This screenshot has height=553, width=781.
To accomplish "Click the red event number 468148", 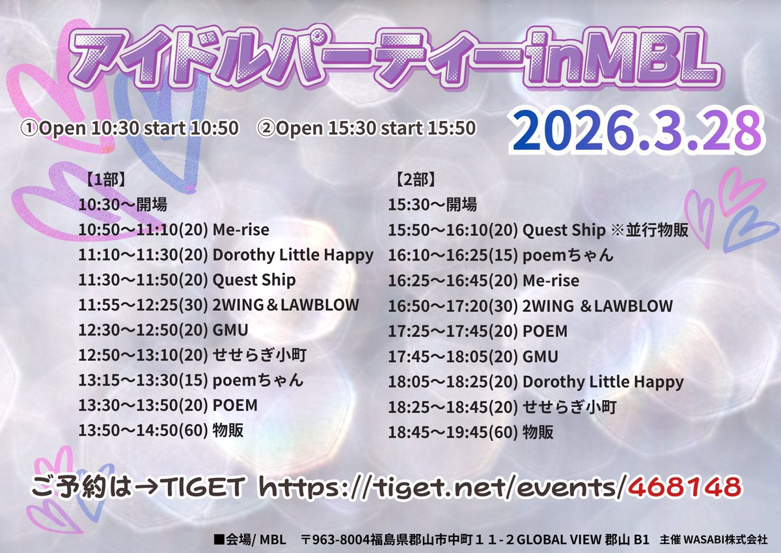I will [x=687, y=485].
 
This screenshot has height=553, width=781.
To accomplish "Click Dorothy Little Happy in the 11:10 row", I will [x=293, y=255].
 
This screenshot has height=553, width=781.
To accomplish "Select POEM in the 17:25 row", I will [x=545, y=331].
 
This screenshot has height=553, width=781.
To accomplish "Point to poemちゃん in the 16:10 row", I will [x=568, y=255].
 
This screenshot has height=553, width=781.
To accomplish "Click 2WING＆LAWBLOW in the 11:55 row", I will [x=286, y=305].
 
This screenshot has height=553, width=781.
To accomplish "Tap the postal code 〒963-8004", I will [x=333, y=539].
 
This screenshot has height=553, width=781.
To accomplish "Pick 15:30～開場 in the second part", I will [x=432, y=205].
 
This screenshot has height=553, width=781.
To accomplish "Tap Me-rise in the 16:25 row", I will [x=551, y=280].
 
